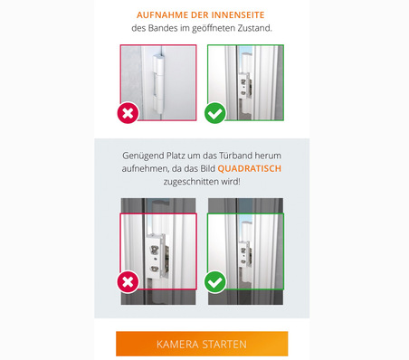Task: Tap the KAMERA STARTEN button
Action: coord(202,345)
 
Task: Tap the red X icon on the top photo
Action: coord(128,114)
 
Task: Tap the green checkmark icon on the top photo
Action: coord(214,114)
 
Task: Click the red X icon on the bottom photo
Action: coord(128,282)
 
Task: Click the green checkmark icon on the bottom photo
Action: coord(214,282)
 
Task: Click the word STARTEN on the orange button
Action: coord(224,345)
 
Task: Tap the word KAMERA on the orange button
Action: coord(176,345)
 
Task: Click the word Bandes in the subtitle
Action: coord(161,29)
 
